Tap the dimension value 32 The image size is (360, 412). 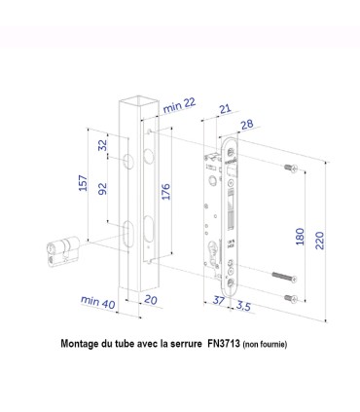click(102, 145)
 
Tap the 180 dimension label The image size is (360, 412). click(302, 237)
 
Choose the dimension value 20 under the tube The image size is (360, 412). click(150, 300)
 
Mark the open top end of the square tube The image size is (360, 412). click(133, 99)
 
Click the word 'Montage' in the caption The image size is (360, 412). click(85, 344)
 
